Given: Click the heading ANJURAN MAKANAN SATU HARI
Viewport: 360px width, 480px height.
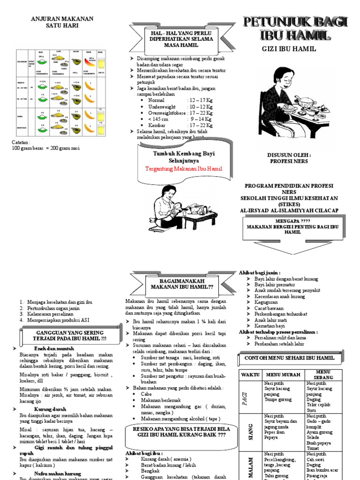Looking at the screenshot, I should tap(62, 22).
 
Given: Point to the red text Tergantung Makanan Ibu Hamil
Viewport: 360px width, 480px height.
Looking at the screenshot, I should tap(184, 169).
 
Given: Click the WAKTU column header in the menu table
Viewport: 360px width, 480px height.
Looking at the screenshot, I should tap(249, 375).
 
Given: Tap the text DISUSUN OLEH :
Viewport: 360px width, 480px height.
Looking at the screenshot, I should tap(289, 155).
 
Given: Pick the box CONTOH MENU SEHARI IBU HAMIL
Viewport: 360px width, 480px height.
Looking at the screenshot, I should tap(289, 358).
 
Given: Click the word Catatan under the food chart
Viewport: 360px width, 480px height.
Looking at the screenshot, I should tap(21, 142).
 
